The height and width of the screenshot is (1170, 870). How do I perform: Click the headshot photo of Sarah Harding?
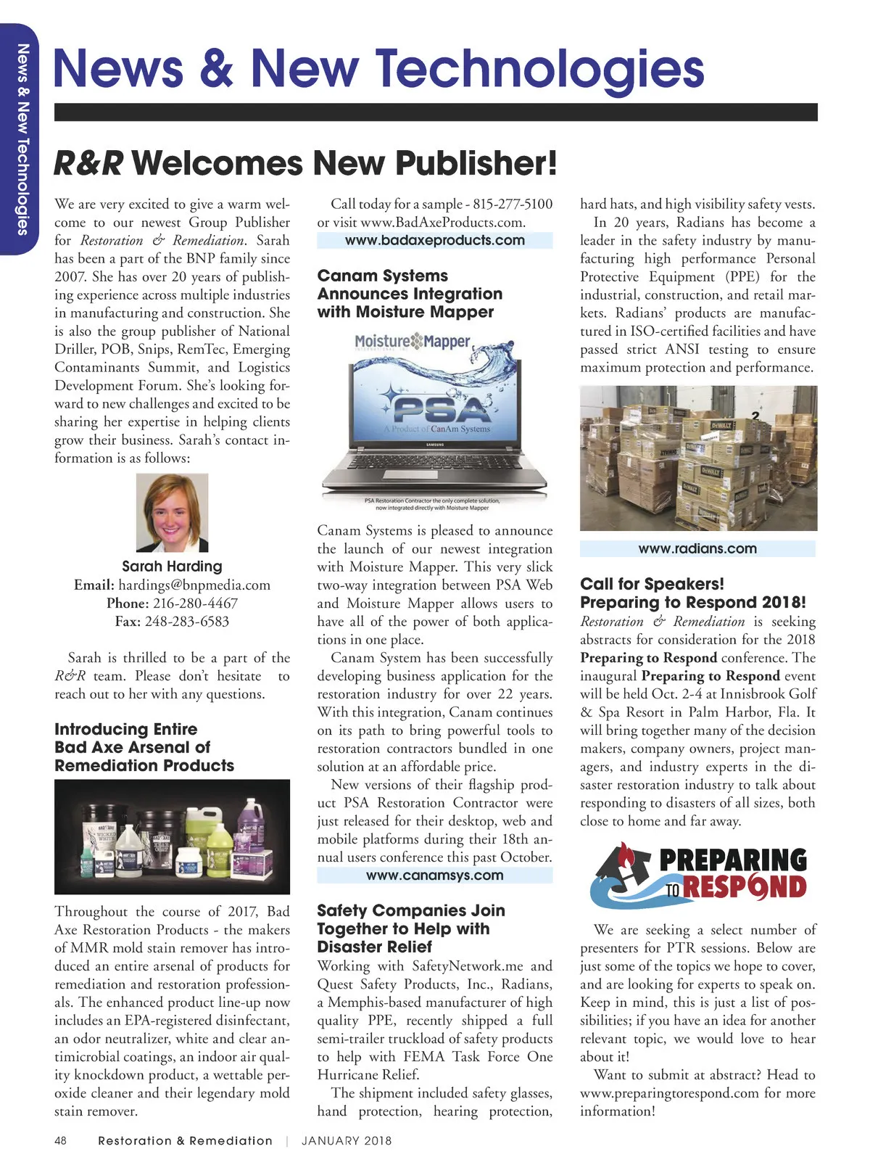click(x=172, y=513)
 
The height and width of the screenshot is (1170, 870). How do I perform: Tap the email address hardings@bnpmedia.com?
click(x=194, y=585)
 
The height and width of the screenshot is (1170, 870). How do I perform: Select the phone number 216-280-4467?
click(x=195, y=603)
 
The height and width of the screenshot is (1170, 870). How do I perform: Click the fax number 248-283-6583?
click(x=186, y=622)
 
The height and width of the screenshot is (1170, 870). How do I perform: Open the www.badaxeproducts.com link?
click(x=435, y=240)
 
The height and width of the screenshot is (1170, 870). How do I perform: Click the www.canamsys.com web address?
click(x=435, y=876)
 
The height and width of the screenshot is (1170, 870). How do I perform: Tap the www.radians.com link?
click(x=697, y=549)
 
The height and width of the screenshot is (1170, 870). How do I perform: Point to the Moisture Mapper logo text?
click(x=412, y=341)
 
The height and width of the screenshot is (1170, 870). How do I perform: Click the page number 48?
click(x=60, y=1141)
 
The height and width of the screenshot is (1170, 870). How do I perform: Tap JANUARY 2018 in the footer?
click(x=347, y=1141)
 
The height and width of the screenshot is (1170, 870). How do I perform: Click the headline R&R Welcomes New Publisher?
click(x=305, y=163)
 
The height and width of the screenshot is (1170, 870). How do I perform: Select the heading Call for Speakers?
click(x=652, y=585)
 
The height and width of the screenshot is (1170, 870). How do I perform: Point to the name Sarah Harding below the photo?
click(x=172, y=567)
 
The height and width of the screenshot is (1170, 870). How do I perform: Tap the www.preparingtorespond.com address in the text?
click(x=669, y=1094)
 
